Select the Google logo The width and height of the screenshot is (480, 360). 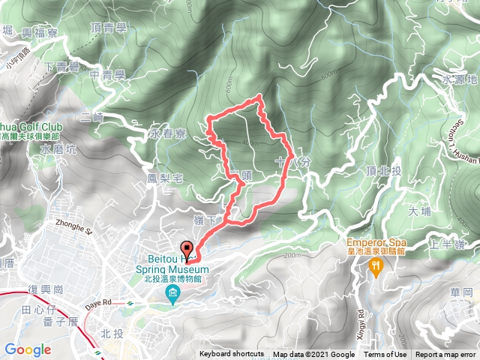tap(28, 349)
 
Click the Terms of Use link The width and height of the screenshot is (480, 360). tap(385, 355)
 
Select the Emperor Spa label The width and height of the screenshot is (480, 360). tap(375, 243)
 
